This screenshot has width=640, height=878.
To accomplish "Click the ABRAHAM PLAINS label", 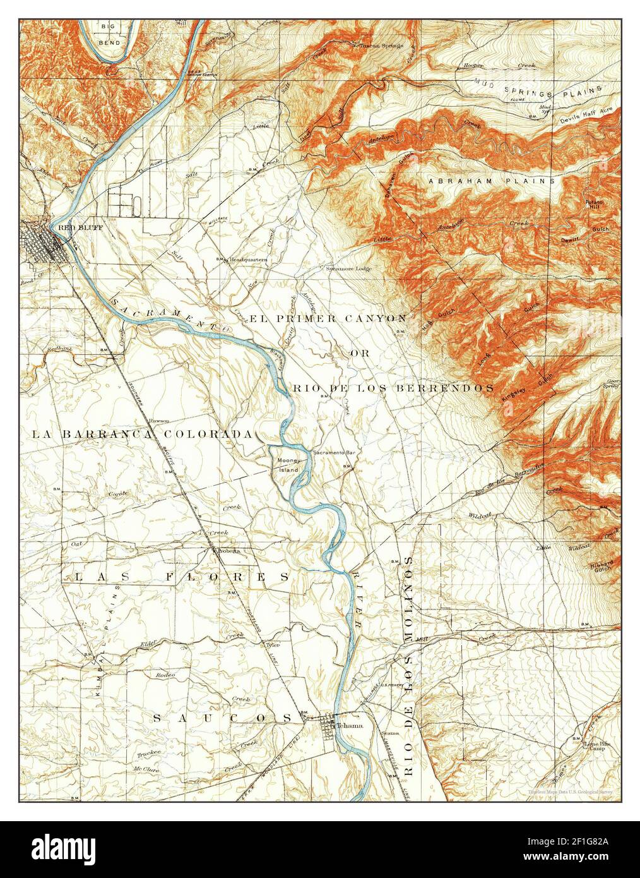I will (x=491, y=181).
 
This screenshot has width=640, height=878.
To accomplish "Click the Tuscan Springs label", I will (x=381, y=45).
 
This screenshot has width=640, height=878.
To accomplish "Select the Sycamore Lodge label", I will (x=348, y=268).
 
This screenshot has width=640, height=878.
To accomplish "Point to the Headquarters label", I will (x=248, y=260).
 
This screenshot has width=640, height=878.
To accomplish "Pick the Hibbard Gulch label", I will (x=602, y=565).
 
